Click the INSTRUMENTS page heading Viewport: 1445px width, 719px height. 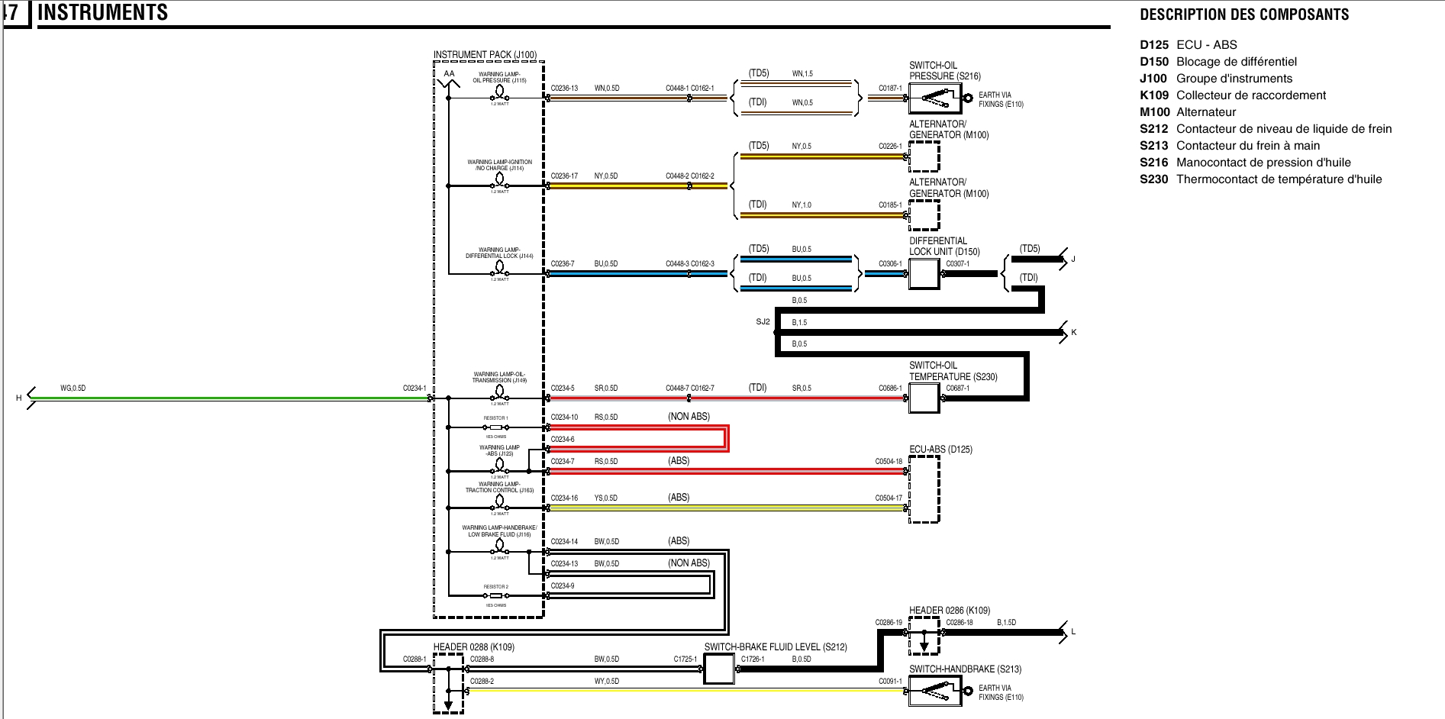coord(103,13)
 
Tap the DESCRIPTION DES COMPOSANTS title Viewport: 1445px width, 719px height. coord(1244,15)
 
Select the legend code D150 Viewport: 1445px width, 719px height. coord(1153,62)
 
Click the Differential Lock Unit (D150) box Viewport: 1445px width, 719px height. coord(924,274)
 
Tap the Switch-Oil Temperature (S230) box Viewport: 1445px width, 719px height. coord(924,398)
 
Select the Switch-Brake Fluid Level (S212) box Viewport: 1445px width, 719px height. coord(718,669)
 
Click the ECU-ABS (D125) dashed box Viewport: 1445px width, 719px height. coord(924,489)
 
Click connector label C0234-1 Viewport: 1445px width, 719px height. coord(414,389)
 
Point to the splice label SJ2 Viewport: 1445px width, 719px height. coord(763,322)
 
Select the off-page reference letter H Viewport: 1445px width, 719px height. coord(19,398)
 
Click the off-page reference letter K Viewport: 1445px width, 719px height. coord(1073,333)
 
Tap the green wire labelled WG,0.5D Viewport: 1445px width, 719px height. coord(229,398)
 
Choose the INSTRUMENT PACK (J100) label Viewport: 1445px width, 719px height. coord(485,55)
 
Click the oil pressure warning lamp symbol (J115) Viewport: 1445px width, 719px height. coord(500,92)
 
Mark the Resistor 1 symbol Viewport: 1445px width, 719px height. coord(496,427)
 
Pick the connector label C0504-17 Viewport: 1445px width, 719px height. coord(889,498)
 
